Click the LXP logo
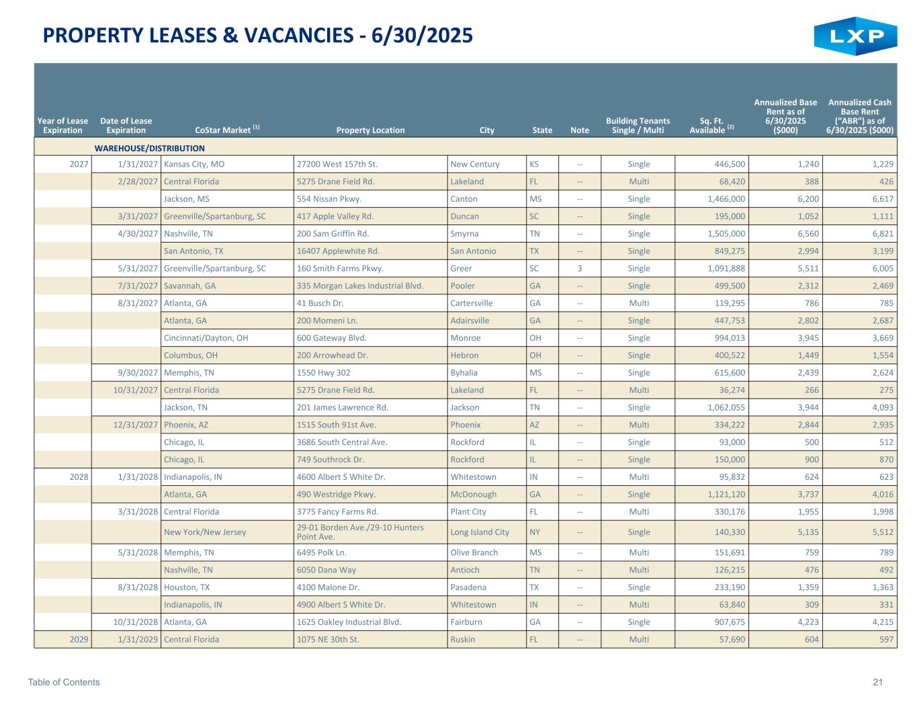click(x=855, y=36)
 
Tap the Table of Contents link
click(x=64, y=682)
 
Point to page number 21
click(x=878, y=682)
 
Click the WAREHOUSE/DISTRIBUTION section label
click(x=149, y=148)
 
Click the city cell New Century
click(x=475, y=164)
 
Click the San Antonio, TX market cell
click(x=194, y=251)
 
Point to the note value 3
click(x=579, y=268)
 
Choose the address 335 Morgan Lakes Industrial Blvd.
click(x=360, y=286)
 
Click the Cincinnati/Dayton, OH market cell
click(x=206, y=338)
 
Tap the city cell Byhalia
click(x=465, y=372)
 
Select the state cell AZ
click(x=535, y=425)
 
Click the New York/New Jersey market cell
click(x=205, y=532)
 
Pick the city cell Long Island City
click(x=480, y=532)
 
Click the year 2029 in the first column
click(x=79, y=639)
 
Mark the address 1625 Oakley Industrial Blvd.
click(x=349, y=622)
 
